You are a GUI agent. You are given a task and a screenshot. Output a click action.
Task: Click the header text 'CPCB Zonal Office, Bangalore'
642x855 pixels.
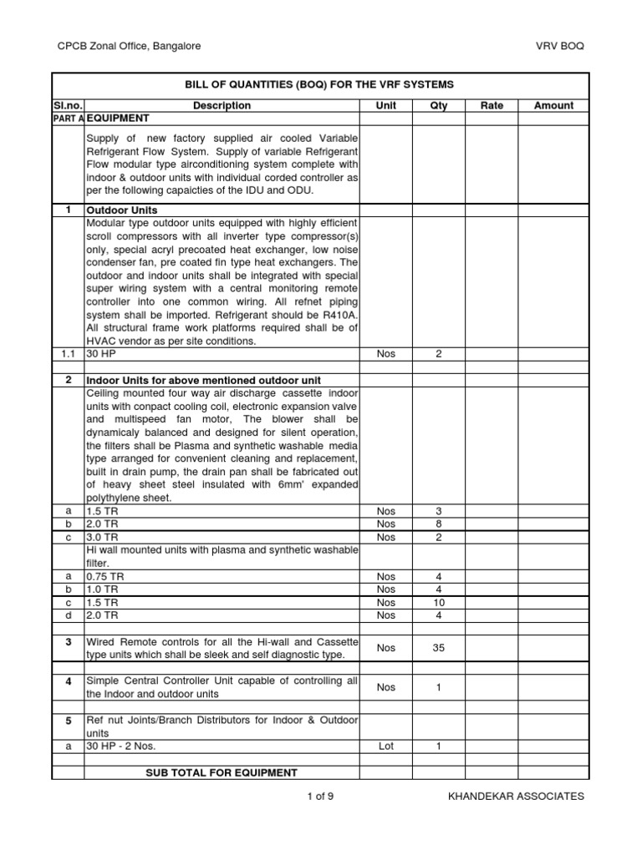point(128,46)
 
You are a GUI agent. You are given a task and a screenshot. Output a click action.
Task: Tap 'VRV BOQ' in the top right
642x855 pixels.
point(560,46)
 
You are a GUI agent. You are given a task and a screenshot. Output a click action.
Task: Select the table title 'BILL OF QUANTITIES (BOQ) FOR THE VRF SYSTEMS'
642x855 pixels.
point(318,85)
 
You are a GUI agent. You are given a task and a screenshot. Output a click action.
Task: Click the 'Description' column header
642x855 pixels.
point(222,106)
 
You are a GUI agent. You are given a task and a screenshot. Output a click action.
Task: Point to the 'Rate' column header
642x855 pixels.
point(492,106)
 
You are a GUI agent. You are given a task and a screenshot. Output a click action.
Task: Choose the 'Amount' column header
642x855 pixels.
point(553,106)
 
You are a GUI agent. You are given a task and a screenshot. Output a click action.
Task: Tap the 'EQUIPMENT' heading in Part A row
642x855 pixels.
point(118,119)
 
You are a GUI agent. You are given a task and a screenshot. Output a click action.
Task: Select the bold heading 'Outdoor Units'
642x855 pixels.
point(122,210)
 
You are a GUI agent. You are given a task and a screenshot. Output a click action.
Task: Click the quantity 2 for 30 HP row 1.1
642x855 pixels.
point(438,354)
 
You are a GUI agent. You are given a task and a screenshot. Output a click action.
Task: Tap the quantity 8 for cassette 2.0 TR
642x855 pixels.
point(438,524)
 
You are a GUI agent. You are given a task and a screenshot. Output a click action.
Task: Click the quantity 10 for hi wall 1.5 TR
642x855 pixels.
point(438,603)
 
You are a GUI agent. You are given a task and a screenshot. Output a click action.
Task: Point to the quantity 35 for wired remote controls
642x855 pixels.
point(438,648)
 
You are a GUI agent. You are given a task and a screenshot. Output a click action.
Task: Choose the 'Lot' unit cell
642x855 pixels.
point(385,747)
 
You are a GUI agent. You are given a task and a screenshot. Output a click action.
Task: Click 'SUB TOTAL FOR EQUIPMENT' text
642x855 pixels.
point(222,772)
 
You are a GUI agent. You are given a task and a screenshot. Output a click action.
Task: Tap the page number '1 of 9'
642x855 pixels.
point(320,797)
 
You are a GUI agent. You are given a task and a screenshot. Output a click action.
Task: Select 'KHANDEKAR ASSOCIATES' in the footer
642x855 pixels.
point(516,797)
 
